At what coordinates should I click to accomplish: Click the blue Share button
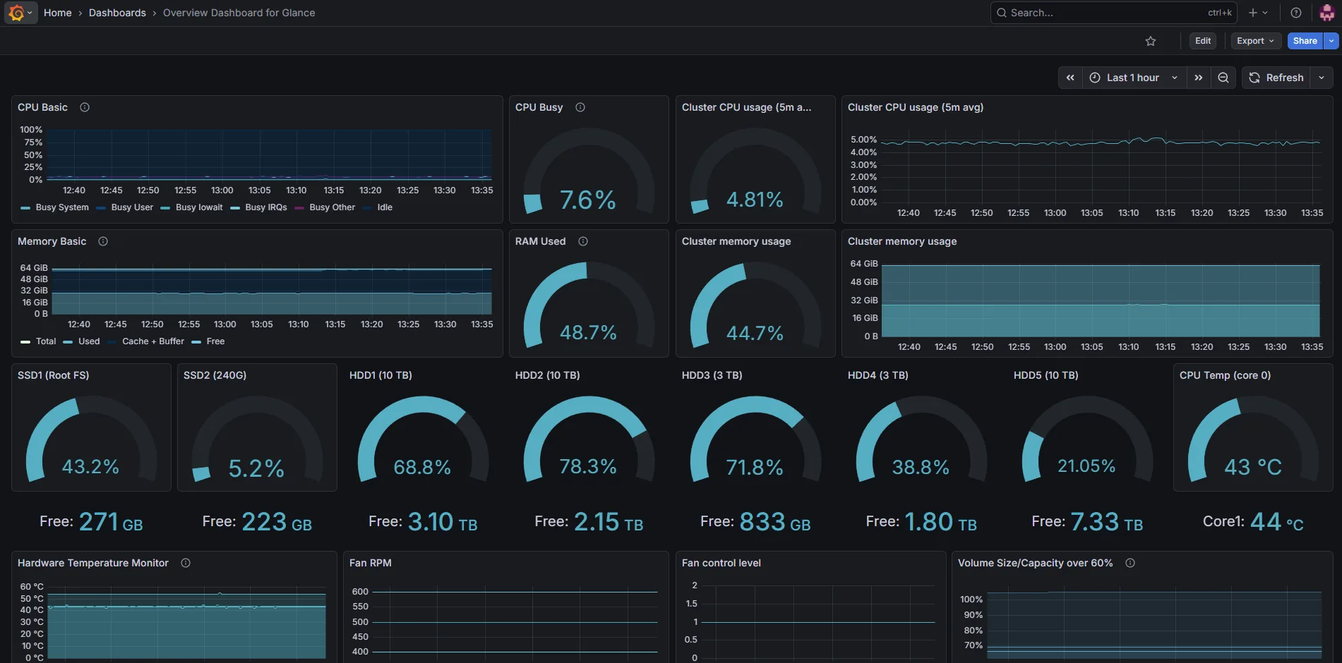tap(1305, 41)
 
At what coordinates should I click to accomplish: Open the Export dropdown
tap(1255, 41)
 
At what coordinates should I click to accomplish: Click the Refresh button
tap(1276, 78)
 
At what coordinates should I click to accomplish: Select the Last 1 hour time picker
tap(1133, 78)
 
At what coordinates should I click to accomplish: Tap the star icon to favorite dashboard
tap(1151, 41)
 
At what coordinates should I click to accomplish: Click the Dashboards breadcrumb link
tap(117, 13)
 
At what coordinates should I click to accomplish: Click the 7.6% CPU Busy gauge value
tap(588, 200)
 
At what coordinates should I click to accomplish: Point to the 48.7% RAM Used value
tap(588, 332)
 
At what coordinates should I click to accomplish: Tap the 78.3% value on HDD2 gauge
tap(588, 466)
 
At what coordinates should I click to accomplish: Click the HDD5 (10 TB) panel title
tap(1046, 375)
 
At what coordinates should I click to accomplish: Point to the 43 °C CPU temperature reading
tap(1253, 466)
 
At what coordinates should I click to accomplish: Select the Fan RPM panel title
tap(371, 563)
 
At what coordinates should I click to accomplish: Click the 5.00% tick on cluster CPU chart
tap(863, 140)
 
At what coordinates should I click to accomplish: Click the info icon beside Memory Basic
tap(103, 241)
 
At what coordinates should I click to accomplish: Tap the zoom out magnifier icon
tap(1223, 78)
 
